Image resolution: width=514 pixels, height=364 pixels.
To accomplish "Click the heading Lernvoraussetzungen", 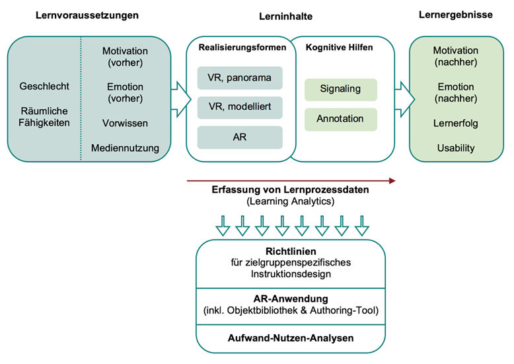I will [87, 15].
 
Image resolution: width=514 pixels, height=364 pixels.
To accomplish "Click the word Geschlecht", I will [44, 86].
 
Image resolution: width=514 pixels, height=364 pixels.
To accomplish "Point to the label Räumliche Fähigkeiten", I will [44, 116].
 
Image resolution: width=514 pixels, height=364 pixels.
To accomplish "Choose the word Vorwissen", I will [126, 123].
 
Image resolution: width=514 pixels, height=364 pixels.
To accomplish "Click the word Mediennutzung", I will [126, 148].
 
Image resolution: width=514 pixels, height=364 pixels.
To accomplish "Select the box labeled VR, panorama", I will [240, 78].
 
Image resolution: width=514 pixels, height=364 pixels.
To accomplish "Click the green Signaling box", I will [340, 89].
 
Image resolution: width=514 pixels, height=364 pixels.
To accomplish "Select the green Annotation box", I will [340, 119].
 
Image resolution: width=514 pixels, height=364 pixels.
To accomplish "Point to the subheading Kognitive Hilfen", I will [340, 48].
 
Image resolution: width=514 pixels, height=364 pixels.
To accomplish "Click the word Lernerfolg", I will [455, 123].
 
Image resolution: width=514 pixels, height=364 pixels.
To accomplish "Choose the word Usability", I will [455, 148].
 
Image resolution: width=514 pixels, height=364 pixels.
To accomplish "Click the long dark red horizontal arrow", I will [291, 180].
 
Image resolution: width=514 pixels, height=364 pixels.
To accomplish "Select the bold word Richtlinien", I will [291, 252].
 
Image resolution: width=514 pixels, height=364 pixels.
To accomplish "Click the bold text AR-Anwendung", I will [291, 298].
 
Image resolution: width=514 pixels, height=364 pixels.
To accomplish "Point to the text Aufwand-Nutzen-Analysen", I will [291, 338].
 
